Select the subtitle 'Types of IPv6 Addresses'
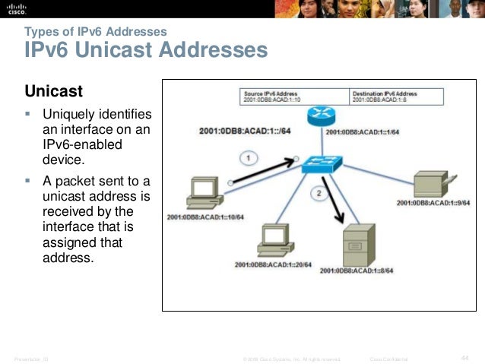click(x=96, y=32)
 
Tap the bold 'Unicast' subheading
click(x=54, y=93)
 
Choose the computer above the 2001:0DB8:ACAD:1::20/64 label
click(x=271, y=239)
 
